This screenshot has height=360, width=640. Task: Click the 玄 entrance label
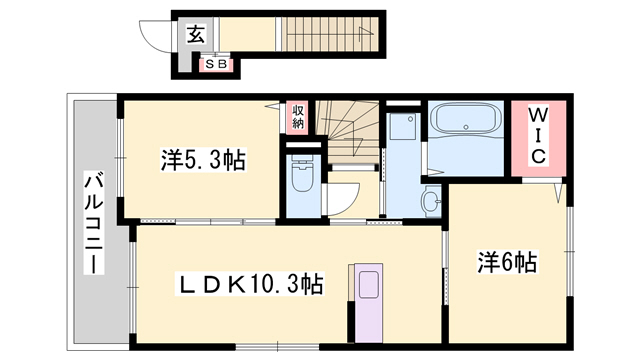[x=194, y=32]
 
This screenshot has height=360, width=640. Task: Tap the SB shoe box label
[x=216, y=64]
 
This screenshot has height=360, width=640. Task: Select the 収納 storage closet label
[x=298, y=117]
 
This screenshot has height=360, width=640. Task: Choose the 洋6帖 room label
[x=507, y=263]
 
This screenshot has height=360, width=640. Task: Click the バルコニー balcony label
[x=92, y=225]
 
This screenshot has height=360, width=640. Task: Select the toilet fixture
[x=300, y=180]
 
